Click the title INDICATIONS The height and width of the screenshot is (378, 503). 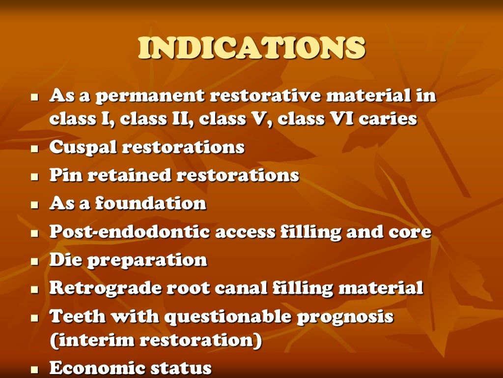tap(251, 48)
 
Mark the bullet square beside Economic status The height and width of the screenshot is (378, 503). tap(34, 369)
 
